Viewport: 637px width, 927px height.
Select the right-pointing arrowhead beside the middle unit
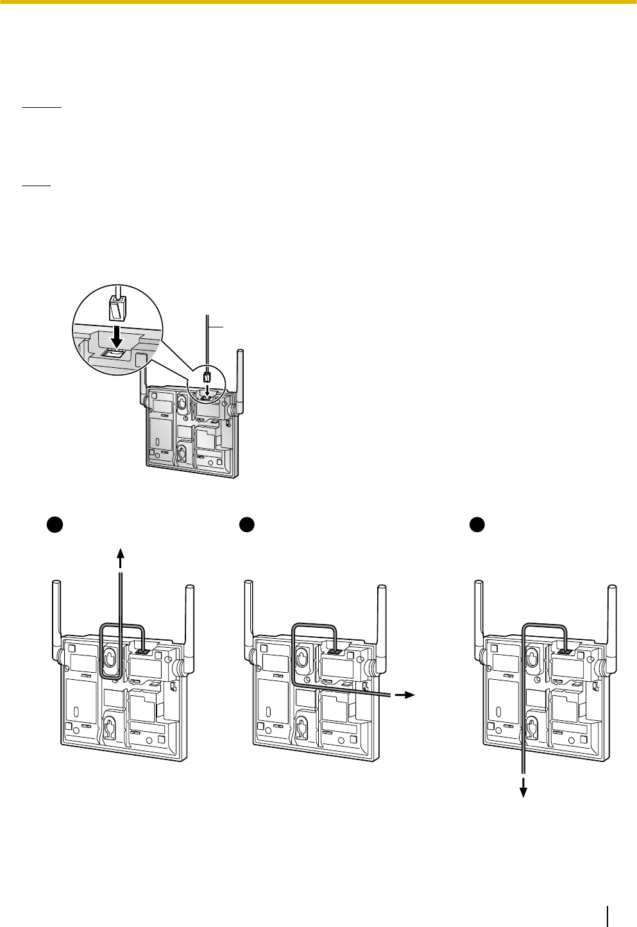click(410, 695)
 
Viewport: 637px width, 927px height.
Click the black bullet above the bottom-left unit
click(54, 524)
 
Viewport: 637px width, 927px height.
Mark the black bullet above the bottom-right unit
click(476, 524)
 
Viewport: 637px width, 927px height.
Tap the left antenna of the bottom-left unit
click(56, 616)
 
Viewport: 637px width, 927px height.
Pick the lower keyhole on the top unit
click(182, 453)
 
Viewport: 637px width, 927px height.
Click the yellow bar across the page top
click(318, 2)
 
